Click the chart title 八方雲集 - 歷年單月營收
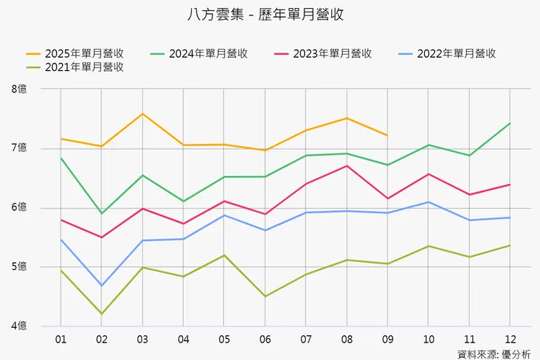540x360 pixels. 270,15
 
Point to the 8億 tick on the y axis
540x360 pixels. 19,89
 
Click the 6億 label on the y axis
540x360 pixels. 19,207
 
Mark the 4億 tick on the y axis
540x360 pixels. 19,326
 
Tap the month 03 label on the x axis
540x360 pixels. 142,340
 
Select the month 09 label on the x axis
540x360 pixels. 387,340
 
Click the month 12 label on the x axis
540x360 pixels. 509,340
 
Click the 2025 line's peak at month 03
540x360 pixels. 142,114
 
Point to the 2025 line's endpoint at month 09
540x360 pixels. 387,135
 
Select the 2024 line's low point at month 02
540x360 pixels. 101,213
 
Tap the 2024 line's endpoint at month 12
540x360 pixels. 509,123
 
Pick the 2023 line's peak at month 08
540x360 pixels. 346,166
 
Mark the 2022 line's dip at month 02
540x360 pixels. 101,286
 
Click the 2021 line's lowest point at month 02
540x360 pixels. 101,314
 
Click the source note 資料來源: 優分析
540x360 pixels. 493,354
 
